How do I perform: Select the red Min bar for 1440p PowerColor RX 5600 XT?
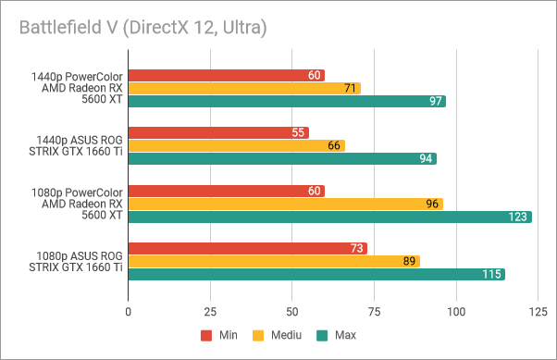pos(226,75)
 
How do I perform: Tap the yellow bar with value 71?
pos(244,88)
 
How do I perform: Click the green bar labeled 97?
pos(287,101)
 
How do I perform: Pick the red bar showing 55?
pos(218,132)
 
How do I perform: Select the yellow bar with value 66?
pos(236,145)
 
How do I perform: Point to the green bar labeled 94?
pos(282,158)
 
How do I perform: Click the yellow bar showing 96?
pos(285,204)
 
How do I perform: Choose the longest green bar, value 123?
pos(329,217)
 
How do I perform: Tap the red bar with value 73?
pos(247,248)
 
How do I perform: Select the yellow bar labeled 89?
pos(274,261)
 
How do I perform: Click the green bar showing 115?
pos(316,274)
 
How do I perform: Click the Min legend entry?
pos(217,335)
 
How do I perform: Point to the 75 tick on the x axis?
pos(374,313)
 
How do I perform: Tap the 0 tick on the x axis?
pos(128,313)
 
